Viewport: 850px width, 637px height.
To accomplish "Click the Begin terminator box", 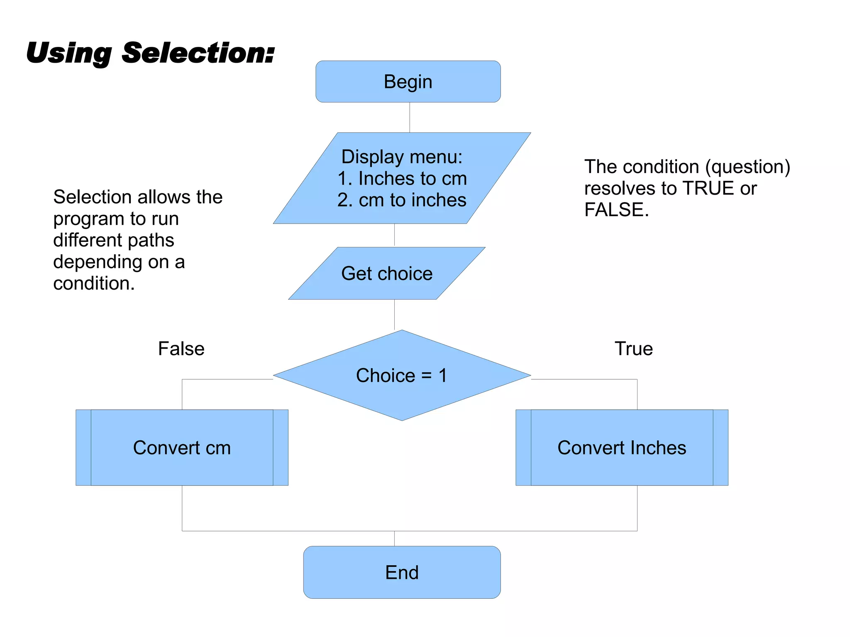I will [408, 82].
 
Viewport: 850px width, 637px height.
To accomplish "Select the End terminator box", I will [402, 572].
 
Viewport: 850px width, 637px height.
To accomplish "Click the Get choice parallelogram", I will [387, 273].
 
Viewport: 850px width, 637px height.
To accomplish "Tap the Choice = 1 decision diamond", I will [402, 375].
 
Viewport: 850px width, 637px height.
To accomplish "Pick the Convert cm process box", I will [182, 448].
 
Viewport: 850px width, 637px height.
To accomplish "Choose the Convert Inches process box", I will [622, 448].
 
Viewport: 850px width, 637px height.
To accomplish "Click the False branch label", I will [181, 349].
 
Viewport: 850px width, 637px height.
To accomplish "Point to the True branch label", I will [633, 349].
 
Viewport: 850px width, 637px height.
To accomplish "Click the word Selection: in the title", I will [198, 53].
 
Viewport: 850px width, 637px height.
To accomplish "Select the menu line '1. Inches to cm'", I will [402, 178].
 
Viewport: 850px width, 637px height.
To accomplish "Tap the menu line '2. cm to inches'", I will [402, 200].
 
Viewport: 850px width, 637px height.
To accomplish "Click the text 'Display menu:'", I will [402, 157].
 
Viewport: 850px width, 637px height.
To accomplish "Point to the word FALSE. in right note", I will [616, 210].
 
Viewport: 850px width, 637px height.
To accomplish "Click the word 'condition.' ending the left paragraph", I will [94, 283].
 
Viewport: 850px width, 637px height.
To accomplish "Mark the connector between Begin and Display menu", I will [410, 117].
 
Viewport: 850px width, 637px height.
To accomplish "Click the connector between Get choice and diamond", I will [394, 315].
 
